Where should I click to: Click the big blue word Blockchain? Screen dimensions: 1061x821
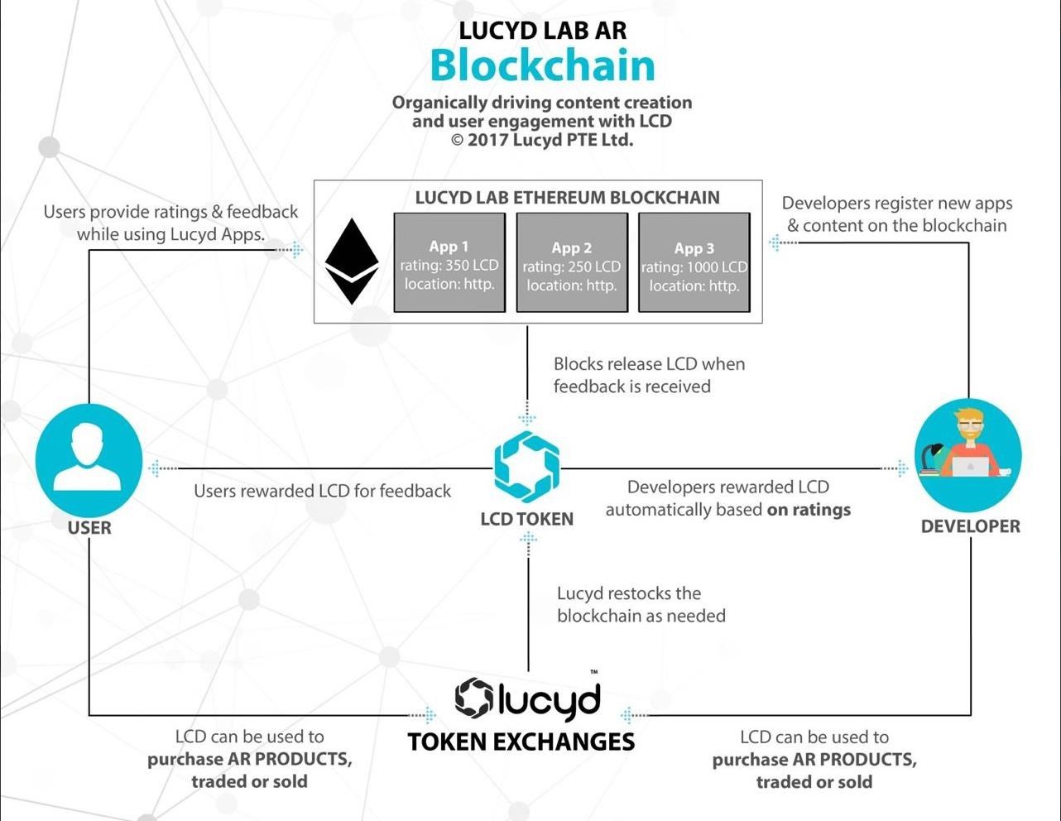[x=542, y=65]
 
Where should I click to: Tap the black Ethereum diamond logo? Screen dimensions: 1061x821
[x=352, y=262]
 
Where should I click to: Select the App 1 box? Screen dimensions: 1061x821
[x=449, y=262]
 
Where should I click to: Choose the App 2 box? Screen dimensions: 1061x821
[x=572, y=262]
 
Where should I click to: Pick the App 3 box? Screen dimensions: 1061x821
[x=694, y=262]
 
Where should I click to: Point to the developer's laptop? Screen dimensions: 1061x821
[x=970, y=466]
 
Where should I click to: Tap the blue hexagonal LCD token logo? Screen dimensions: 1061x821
[x=527, y=467]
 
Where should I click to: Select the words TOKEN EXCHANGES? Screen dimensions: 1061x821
[x=521, y=742]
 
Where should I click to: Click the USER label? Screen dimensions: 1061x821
[x=89, y=528]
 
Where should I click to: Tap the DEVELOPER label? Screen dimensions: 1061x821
[x=970, y=526]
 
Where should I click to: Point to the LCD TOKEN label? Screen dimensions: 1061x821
[x=527, y=519]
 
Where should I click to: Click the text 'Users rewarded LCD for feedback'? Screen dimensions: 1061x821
[x=322, y=491]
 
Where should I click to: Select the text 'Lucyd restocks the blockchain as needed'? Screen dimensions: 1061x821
[x=641, y=605]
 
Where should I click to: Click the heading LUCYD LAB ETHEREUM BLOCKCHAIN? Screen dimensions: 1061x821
[x=568, y=198]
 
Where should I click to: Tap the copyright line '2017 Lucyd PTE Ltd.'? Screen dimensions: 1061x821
[x=550, y=140]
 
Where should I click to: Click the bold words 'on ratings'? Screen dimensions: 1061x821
[x=809, y=510]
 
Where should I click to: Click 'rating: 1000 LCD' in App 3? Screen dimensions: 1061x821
[x=694, y=267]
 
